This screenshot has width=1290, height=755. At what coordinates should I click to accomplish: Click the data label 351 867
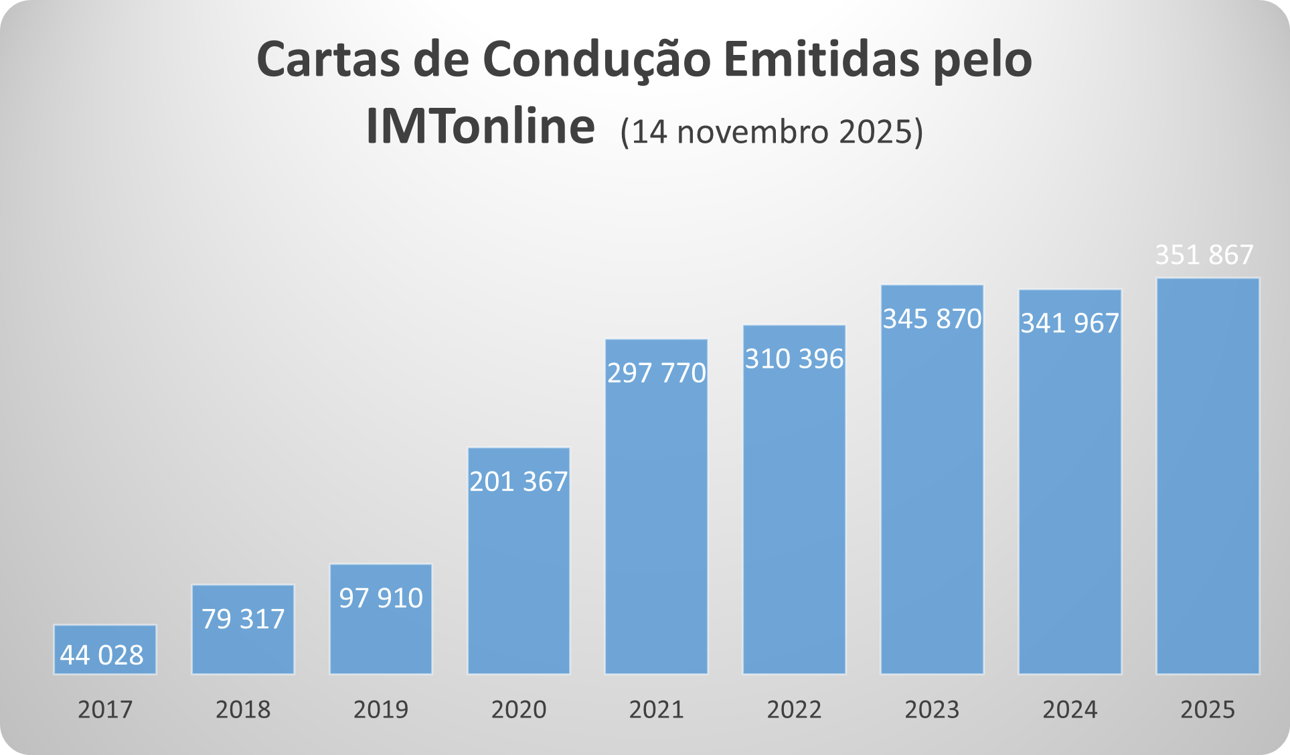[1204, 255]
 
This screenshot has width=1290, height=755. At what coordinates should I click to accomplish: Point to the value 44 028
[102, 655]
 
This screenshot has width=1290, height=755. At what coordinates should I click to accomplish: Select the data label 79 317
[243, 619]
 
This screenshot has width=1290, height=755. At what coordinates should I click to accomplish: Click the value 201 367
[519, 482]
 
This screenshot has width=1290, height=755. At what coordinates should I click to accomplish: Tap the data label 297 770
[657, 373]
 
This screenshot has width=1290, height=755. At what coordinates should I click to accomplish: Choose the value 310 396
[795, 359]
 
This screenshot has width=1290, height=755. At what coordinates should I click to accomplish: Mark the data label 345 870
[932, 319]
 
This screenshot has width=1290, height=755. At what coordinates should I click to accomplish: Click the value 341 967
[1070, 324]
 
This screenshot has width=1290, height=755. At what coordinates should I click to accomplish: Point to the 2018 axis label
[243, 709]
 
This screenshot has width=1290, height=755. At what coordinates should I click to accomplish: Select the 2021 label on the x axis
[657, 709]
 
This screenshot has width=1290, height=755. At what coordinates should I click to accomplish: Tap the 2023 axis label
[932, 709]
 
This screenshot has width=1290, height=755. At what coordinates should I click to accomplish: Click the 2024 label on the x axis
[1070, 709]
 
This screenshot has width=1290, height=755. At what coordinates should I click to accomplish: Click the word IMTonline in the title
[480, 127]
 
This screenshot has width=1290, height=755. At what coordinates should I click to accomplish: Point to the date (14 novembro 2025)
[771, 132]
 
